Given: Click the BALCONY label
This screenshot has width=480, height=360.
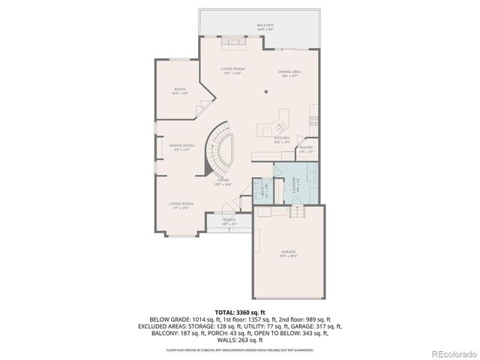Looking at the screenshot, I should click(265, 25).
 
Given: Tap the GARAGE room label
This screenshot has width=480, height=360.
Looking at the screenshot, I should click(288, 252).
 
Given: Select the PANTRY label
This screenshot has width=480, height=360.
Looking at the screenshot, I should click(305, 148).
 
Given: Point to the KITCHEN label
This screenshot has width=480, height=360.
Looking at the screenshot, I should click(281, 138).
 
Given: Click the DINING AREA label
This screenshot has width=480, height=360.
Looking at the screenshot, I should click(289, 72).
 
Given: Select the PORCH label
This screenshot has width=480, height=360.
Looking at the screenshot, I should click(229, 220).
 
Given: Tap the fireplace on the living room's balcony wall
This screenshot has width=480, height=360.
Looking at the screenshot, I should click(233, 42).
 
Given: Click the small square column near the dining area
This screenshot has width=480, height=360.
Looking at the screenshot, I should click(266, 92).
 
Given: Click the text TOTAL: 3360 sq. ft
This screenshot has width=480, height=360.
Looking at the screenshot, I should click(239, 310).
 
